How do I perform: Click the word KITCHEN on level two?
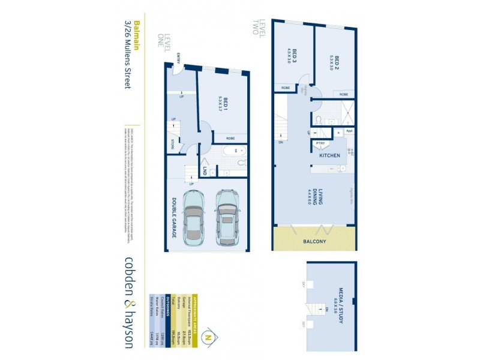[x=329, y=155]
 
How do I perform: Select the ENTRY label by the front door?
[x=179, y=58]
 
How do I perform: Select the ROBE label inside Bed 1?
[x=230, y=139]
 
